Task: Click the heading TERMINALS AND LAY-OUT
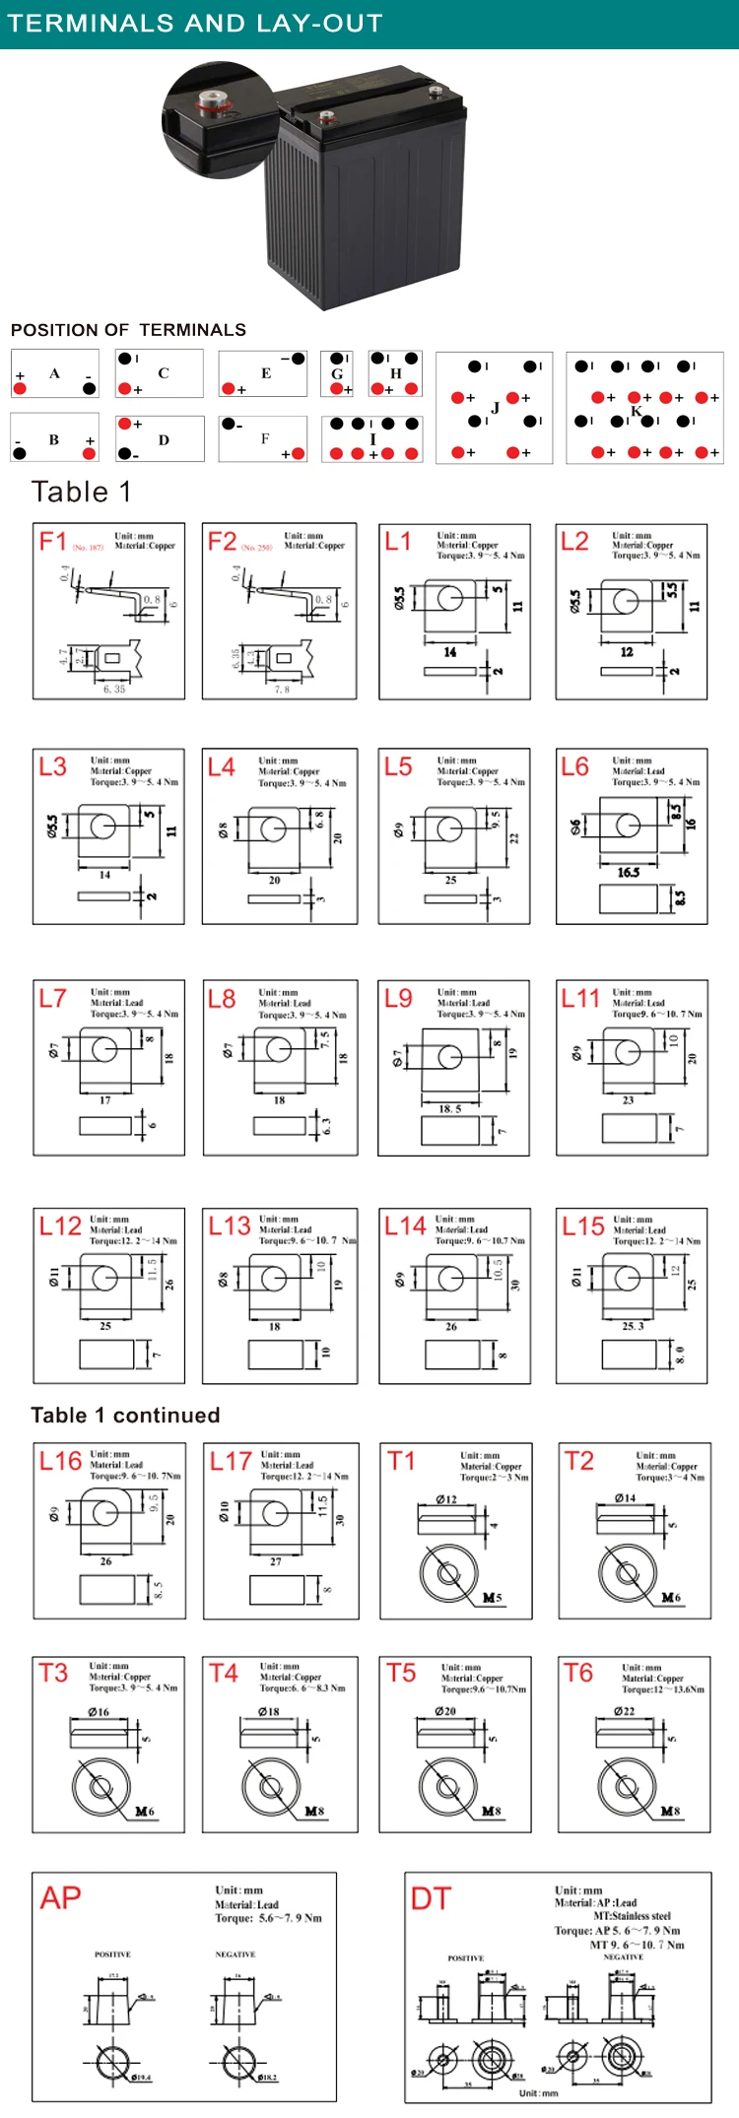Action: coord(194,23)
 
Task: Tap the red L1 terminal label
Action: coord(398,541)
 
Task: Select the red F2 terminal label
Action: coord(222,541)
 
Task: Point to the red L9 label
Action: coord(398,998)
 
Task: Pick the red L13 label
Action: coord(229,1225)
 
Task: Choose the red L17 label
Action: coord(231,1461)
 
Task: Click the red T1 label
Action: coord(401,1460)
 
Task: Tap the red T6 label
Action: coord(577,1673)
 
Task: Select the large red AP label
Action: coord(61,1897)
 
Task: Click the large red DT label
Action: coord(431,1898)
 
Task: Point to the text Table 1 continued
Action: coord(125,1415)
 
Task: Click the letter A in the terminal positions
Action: coord(54,373)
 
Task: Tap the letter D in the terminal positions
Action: coord(164,439)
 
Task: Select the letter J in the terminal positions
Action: coord(495,408)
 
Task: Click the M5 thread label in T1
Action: coord(492,1597)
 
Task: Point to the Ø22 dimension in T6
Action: coord(624,1710)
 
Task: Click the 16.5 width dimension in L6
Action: coord(628,872)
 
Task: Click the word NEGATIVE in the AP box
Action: coord(235,1953)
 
